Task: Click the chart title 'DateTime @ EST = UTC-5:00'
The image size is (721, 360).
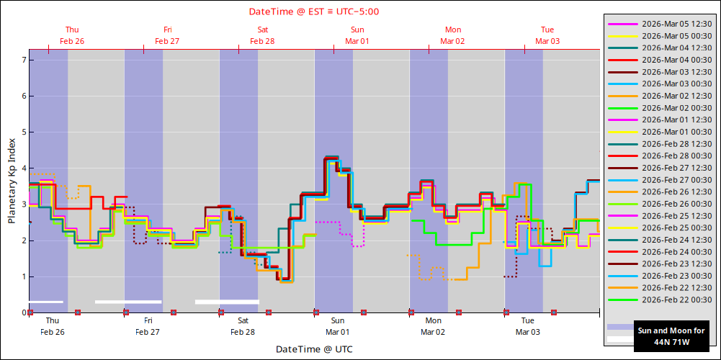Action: (x=314, y=12)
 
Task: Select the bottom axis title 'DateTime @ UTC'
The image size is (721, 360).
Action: (x=314, y=349)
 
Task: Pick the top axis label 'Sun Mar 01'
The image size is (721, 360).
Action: (x=357, y=35)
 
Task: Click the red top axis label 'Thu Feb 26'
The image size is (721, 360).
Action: (x=72, y=35)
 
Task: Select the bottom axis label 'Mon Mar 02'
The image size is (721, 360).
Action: (x=433, y=326)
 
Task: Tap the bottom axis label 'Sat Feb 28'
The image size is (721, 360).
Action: (x=243, y=326)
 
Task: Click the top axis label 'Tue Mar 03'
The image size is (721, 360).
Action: (x=547, y=35)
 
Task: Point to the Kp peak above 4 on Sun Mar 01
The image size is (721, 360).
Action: (x=331, y=157)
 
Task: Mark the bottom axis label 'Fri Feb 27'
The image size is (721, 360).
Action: (x=148, y=326)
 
